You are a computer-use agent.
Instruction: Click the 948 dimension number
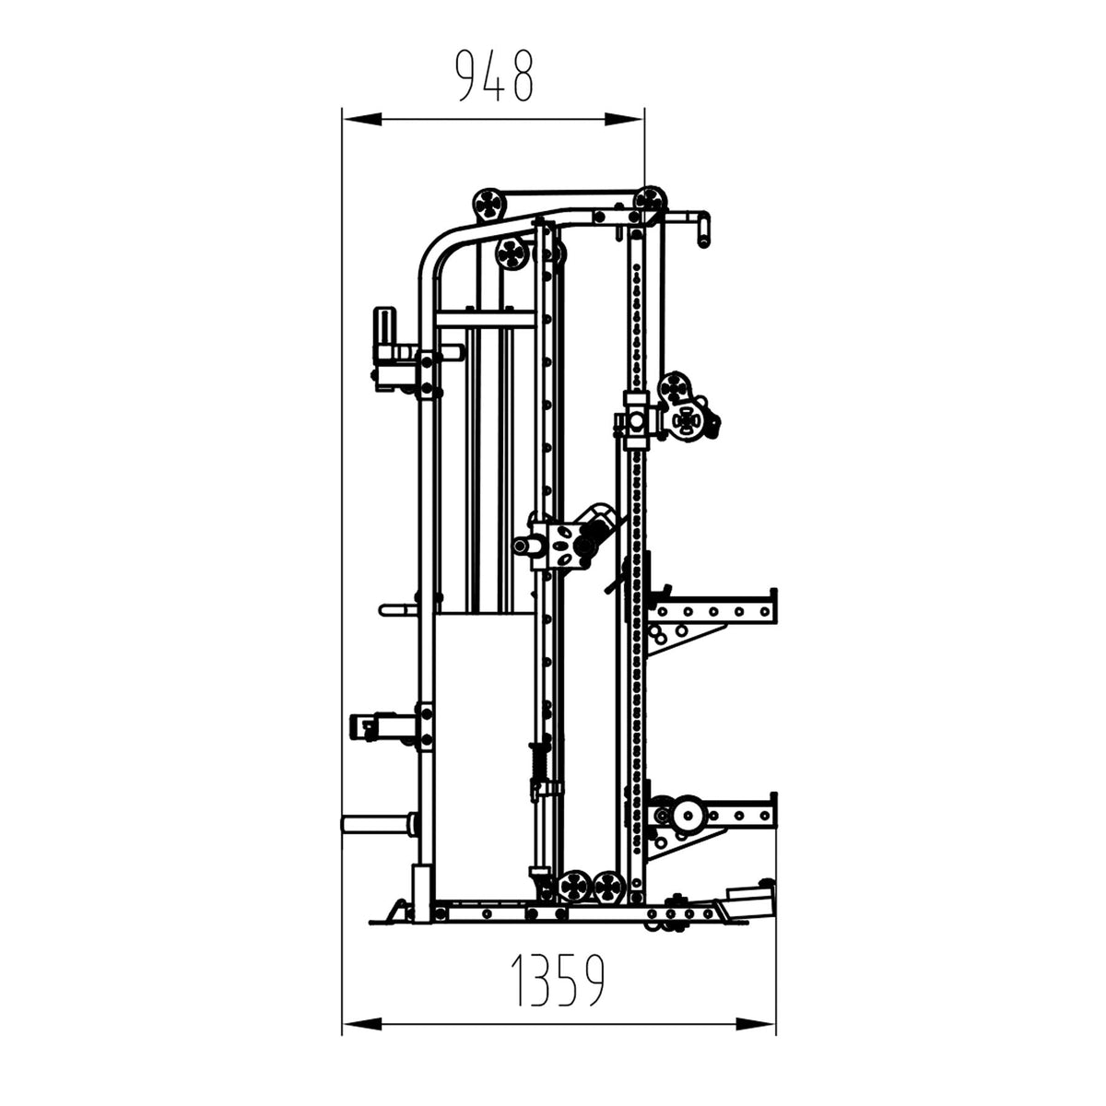coord(494,76)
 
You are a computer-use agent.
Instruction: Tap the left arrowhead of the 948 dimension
coord(362,120)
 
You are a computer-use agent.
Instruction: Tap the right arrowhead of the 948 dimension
coord(624,120)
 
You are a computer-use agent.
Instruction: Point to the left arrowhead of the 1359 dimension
coord(362,1024)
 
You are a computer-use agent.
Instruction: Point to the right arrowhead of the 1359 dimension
coord(756,1024)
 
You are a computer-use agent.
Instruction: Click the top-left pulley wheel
coord(488,204)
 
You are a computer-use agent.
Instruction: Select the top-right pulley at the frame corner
coord(651,202)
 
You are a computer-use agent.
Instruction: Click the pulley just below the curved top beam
coord(512,253)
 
